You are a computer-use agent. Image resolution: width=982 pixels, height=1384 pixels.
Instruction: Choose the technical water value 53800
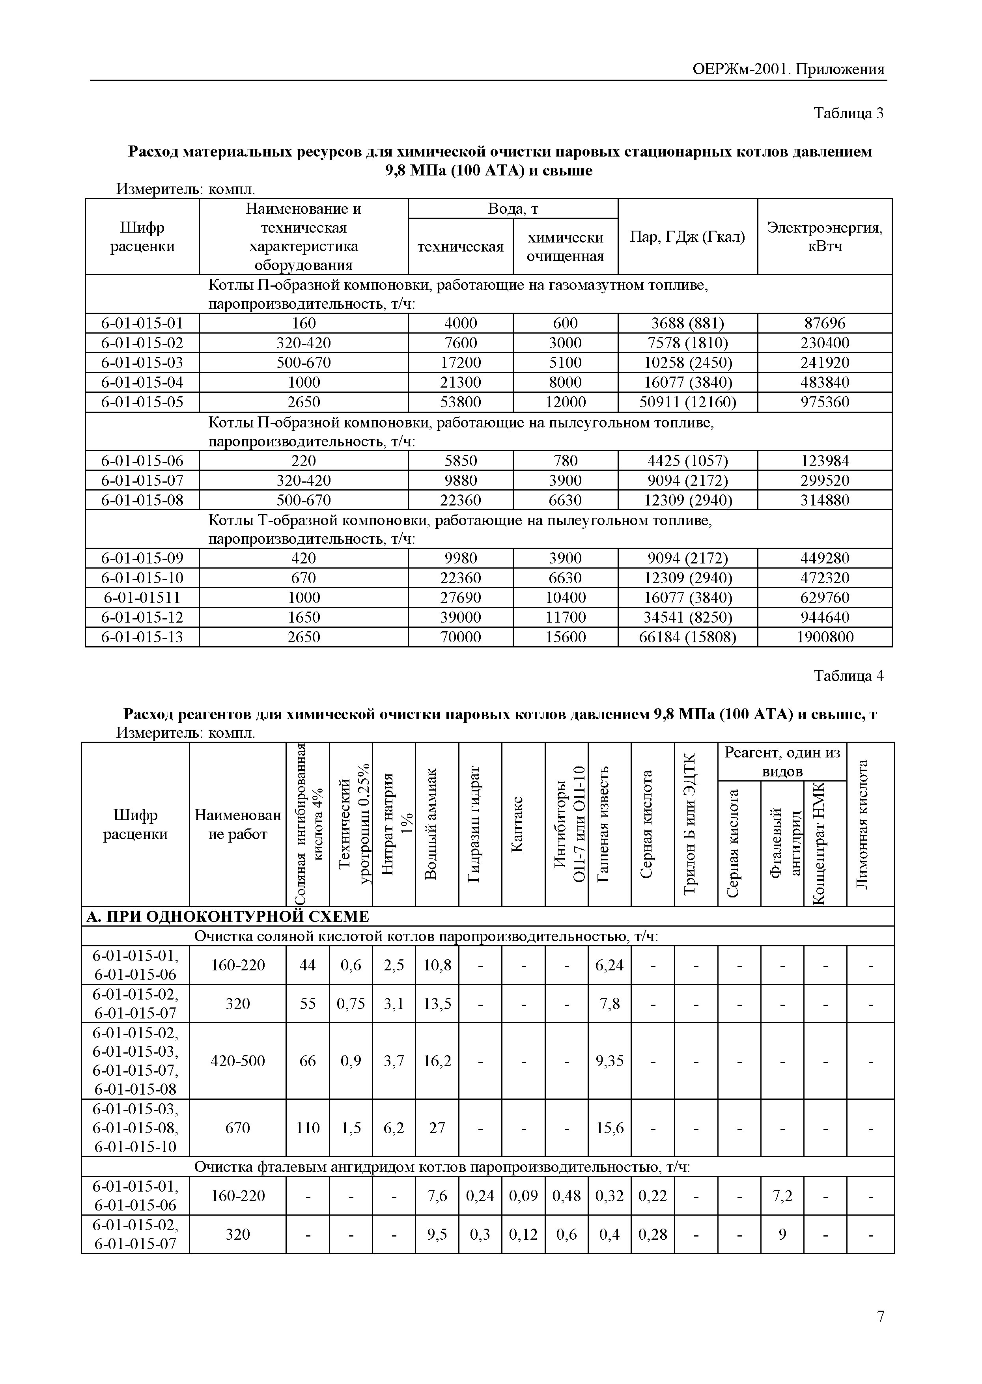click(x=460, y=402)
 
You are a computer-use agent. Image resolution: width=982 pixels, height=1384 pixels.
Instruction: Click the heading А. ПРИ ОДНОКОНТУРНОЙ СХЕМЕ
click(x=228, y=917)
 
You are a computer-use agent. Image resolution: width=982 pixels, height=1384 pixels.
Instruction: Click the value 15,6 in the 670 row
click(x=610, y=1128)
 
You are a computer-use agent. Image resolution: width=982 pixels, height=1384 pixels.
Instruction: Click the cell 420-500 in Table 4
click(x=238, y=1061)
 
